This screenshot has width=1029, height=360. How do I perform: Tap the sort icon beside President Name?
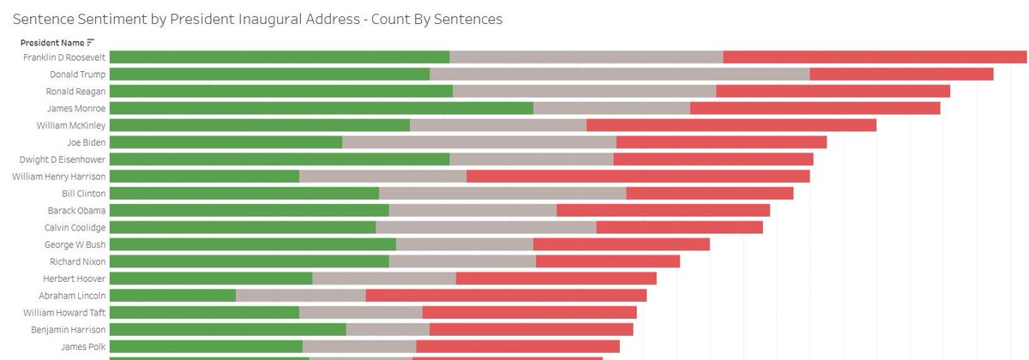90,42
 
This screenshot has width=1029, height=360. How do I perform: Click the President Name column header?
52,42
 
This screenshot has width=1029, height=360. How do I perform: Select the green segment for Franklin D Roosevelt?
280,57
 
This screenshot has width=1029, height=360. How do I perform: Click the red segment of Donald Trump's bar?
900,75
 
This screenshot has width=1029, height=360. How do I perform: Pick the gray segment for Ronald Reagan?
584,91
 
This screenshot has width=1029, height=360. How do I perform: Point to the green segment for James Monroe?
322,108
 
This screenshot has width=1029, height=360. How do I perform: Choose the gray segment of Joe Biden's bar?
478,142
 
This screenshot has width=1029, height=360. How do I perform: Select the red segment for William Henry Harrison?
637,177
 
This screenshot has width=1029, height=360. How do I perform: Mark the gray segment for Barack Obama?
472,210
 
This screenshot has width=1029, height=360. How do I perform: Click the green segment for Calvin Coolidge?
243,227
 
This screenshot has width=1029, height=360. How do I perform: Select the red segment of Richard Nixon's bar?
607,261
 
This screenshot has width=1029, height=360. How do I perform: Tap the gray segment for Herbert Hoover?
383,279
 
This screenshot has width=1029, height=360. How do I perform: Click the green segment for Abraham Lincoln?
172,296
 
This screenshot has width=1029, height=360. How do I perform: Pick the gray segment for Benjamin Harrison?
388,329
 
